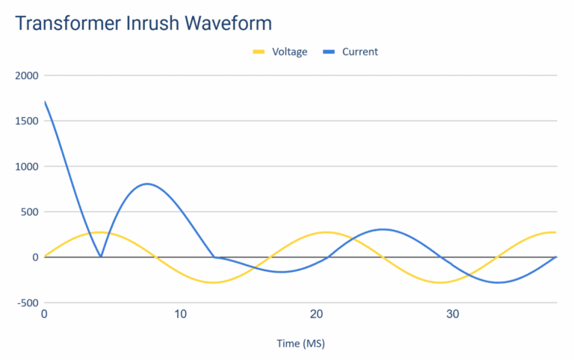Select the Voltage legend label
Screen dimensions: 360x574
(x=289, y=52)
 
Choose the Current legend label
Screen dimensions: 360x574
(x=360, y=52)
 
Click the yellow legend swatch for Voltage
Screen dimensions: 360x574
(x=259, y=52)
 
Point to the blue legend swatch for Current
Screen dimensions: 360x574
(x=330, y=52)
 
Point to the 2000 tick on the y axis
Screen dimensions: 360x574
(x=25, y=75)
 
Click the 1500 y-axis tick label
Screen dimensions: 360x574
(x=25, y=121)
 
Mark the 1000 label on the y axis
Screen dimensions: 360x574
(x=25, y=167)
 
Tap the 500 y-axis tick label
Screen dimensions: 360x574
(x=28, y=212)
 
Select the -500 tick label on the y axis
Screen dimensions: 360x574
(x=26, y=302)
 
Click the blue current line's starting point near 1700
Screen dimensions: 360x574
(x=46, y=102)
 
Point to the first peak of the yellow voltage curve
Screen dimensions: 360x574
(x=101, y=232)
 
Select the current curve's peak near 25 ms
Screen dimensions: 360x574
(x=383, y=229)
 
